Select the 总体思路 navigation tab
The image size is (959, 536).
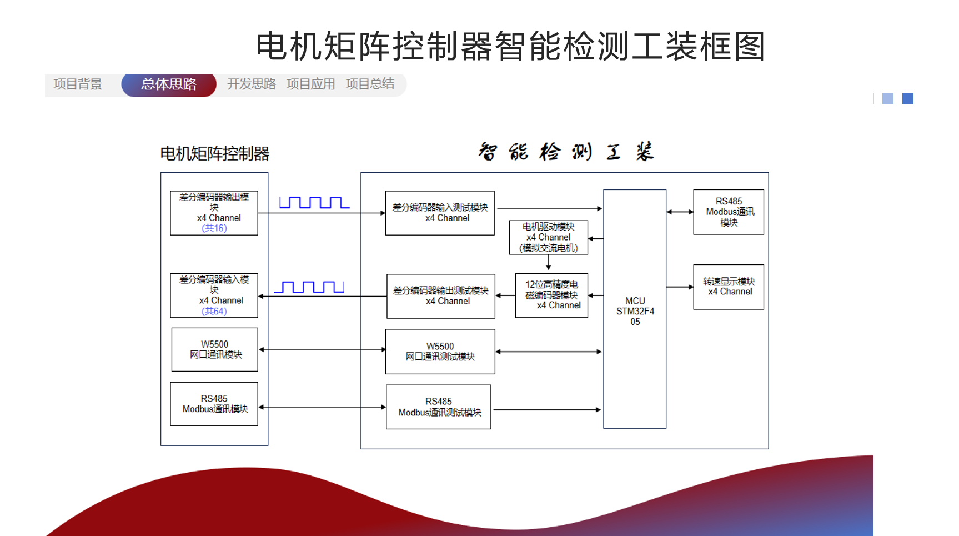coord(169,84)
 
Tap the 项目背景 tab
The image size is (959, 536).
coord(78,84)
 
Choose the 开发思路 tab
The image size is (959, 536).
coord(251,84)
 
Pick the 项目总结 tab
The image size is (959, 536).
coord(370,84)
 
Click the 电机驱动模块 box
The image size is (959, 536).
coord(548,238)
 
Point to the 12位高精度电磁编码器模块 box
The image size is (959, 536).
coord(551,295)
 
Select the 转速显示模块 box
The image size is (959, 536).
coord(729,287)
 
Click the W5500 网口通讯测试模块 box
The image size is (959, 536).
coord(440,352)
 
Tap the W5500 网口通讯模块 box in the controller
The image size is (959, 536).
coord(214,349)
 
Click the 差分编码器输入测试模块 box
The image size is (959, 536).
coord(440,213)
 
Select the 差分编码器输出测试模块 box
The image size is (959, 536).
coord(440,296)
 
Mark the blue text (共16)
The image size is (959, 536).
coord(214,228)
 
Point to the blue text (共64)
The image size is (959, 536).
coord(214,312)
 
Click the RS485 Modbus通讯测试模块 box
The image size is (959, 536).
coord(439,407)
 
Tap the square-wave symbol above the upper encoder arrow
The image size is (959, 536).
coord(314,203)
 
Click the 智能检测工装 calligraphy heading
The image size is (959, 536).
coord(566,152)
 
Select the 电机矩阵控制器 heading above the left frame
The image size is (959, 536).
coord(214,154)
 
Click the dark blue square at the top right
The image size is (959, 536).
coord(908,98)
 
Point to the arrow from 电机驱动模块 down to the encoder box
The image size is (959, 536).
coord(549,263)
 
